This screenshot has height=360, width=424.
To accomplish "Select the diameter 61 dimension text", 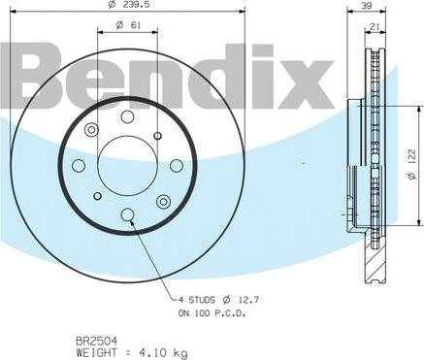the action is pos(128,25).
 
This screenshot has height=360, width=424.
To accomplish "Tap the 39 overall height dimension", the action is pos(367,6).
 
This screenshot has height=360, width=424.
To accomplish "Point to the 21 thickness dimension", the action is pos(375,27).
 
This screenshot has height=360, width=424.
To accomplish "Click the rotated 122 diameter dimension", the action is pos(411,164).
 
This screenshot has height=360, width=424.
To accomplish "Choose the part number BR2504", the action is pos(96,341).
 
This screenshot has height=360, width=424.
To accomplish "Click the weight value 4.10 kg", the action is pos(162,352).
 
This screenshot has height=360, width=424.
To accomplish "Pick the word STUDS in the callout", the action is pos(202,300).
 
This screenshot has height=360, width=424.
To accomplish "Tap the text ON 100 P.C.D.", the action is pos(212,312).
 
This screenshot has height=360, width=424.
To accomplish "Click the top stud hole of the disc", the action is pos(127,116).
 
